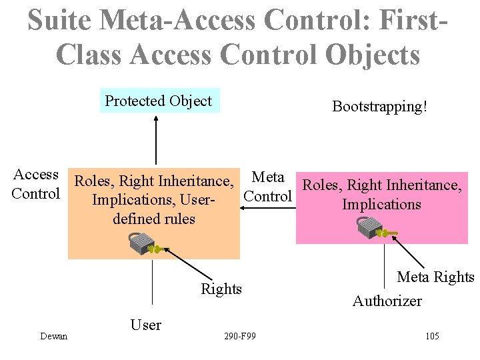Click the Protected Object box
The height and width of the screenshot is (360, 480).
point(159,101)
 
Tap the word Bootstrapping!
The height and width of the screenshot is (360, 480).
point(379,107)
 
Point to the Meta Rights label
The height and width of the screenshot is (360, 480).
point(435,277)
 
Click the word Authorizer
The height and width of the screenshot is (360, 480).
point(387,301)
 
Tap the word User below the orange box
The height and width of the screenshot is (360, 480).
point(145,325)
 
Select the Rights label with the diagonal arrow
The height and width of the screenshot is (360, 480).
point(221,289)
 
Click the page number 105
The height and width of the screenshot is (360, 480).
point(431,336)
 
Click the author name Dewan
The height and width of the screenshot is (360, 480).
point(53,336)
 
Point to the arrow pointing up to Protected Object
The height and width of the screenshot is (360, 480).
point(155,140)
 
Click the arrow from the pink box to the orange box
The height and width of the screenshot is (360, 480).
point(267,207)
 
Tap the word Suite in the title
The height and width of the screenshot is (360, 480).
point(59,21)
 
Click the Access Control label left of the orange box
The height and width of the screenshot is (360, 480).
point(36,184)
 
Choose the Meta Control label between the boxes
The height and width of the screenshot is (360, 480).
point(268,187)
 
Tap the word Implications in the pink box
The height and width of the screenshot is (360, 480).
point(381,204)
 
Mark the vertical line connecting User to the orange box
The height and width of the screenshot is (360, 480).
point(153,287)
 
